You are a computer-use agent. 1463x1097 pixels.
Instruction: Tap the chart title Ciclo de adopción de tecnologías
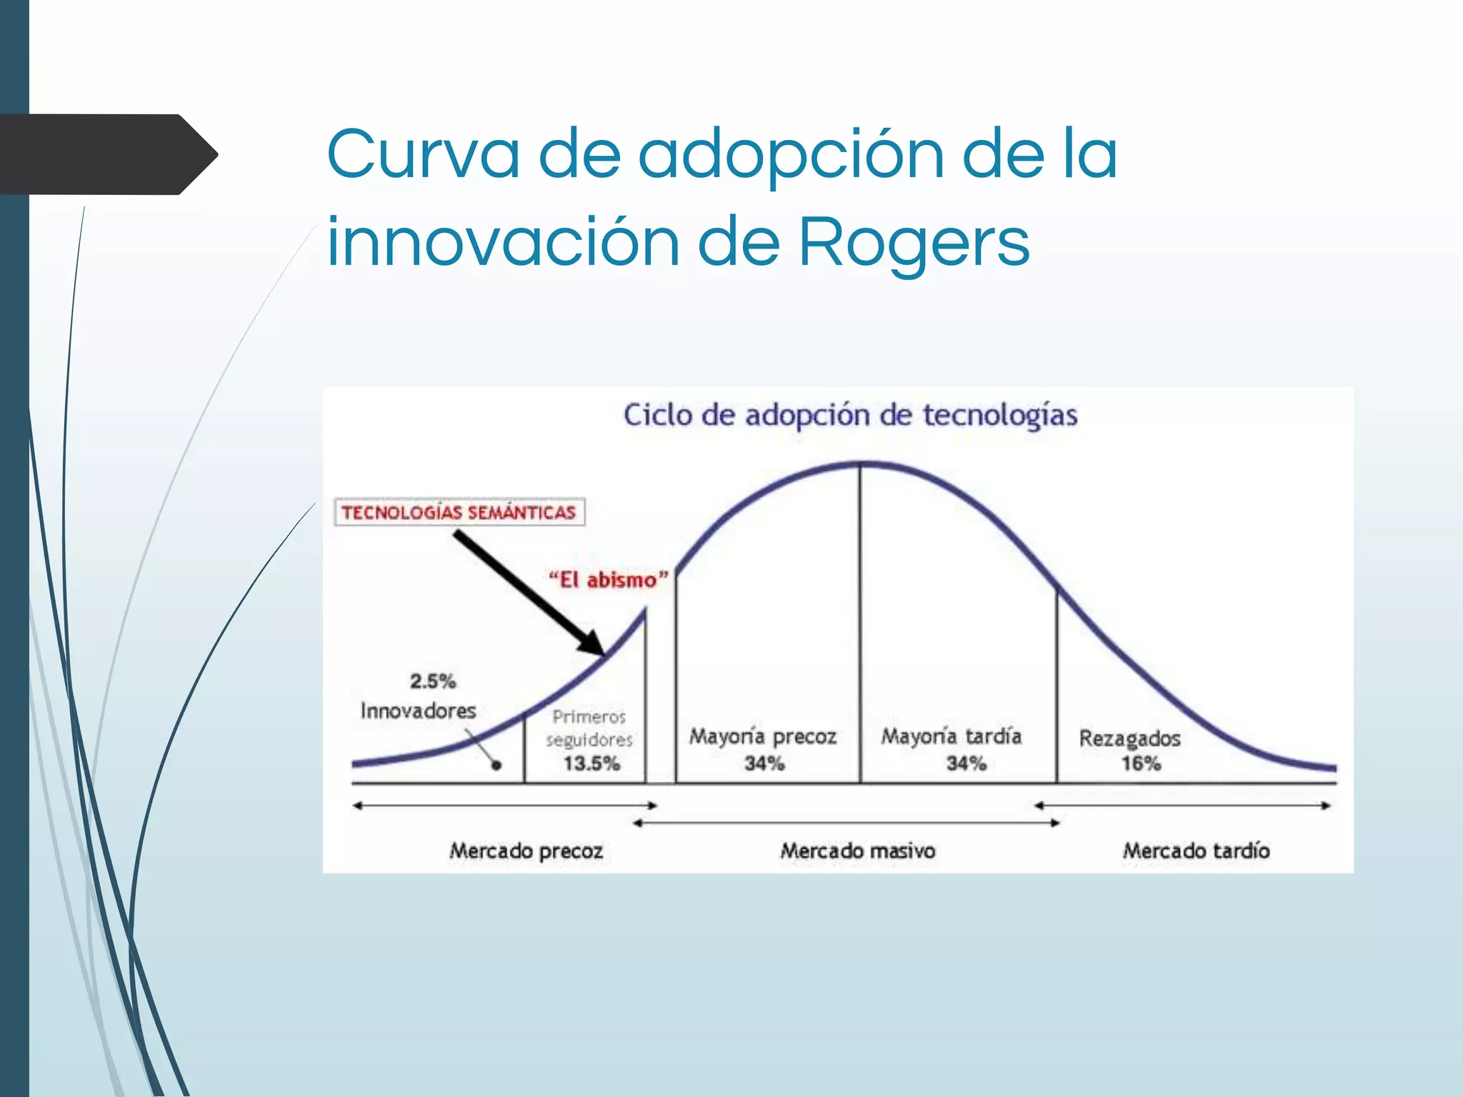point(850,415)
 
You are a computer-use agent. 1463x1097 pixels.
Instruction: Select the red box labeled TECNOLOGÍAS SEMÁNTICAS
point(459,512)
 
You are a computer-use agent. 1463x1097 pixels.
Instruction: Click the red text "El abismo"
point(608,579)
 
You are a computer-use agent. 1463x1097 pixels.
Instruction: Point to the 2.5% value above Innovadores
point(432,681)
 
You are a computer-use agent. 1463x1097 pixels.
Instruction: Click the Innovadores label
point(418,711)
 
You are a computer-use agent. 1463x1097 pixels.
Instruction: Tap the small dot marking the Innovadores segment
point(496,765)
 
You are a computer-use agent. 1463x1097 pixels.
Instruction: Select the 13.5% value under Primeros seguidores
point(591,763)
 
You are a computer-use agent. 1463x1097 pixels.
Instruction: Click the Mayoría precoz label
point(762,736)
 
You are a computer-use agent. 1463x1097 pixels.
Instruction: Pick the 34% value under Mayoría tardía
point(966,763)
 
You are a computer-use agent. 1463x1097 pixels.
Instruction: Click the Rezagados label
point(1129,738)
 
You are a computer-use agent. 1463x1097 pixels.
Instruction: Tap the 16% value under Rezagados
point(1140,763)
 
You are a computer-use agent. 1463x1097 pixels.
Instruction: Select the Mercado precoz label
point(526,851)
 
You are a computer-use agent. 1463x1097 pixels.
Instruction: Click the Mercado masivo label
point(857,851)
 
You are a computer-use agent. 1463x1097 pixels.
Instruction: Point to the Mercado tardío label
point(1196,851)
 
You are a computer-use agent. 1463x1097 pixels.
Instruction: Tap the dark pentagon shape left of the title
point(107,154)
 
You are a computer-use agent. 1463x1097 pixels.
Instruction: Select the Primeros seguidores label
point(589,728)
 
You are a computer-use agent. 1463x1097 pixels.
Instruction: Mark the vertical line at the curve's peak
point(860,621)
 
